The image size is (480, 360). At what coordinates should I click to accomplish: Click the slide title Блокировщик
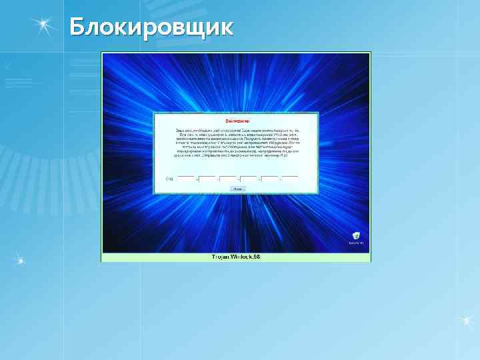click(x=151, y=27)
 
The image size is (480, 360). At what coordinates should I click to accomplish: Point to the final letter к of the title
click(x=226, y=29)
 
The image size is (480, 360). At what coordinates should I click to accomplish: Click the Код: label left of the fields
click(x=169, y=179)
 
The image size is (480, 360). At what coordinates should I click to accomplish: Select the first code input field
click(x=187, y=178)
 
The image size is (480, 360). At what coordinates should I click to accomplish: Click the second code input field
click(x=207, y=178)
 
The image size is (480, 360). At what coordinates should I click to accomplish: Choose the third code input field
click(x=228, y=178)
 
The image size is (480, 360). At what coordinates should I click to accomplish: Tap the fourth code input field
click(x=249, y=178)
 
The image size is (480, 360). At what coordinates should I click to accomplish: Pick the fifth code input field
click(x=270, y=178)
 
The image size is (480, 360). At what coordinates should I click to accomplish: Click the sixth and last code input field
click(x=291, y=178)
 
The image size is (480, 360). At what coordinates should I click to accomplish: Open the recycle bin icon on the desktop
click(x=357, y=235)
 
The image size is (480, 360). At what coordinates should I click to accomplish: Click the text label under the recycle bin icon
click(x=357, y=243)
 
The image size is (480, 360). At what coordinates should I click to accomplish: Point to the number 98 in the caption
click(x=258, y=257)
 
